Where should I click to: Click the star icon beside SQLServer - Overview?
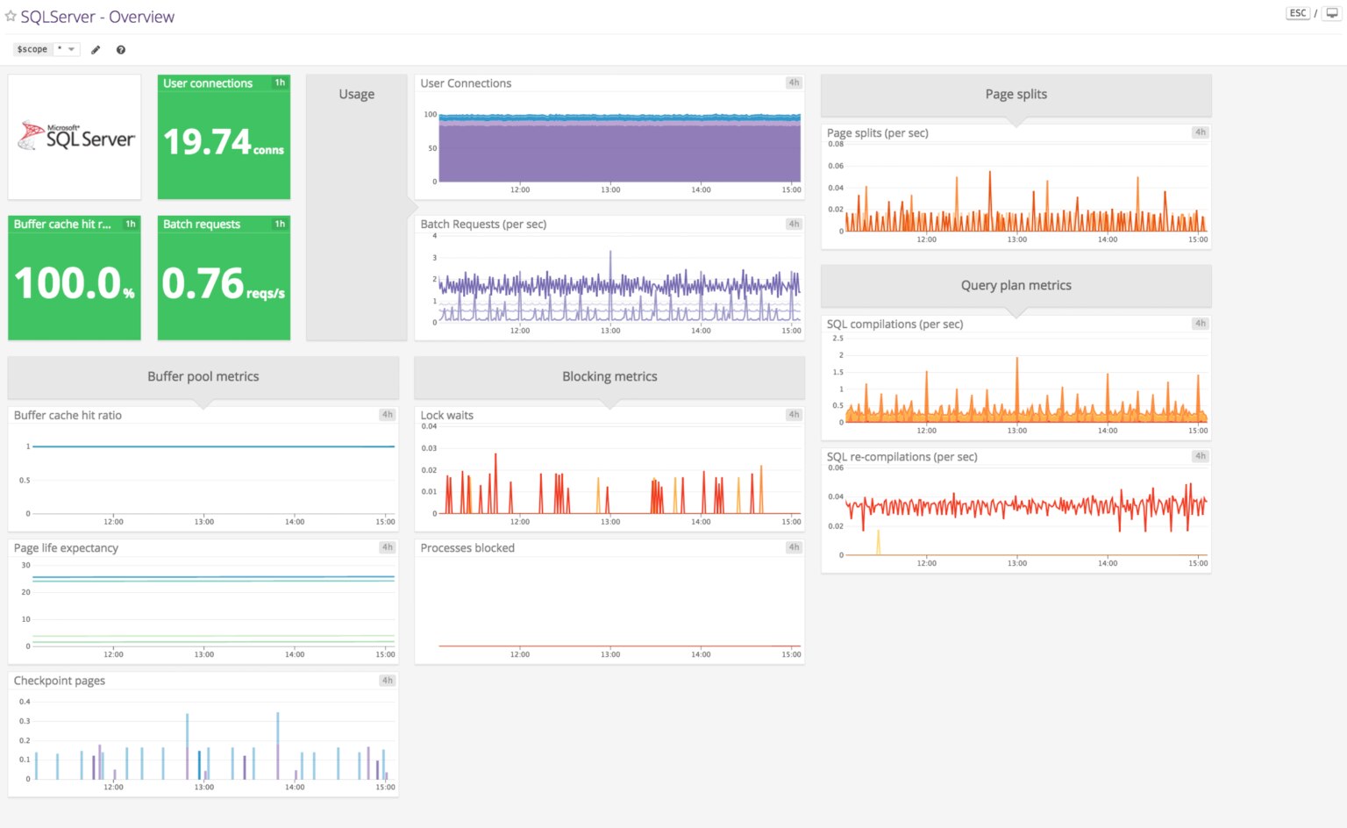pyautogui.click(x=11, y=17)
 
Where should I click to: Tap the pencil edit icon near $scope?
pyautogui.click(x=96, y=50)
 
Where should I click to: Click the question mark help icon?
pyautogui.click(x=121, y=50)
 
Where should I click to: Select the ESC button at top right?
pyautogui.click(x=1297, y=13)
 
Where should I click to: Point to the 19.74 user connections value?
pyautogui.click(x=208, y=142)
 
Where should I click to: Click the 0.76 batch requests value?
pyautogui.click(x=203, y=283)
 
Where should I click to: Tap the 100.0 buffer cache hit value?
pyautogui.click(x=68, y=283)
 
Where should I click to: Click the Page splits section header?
pyautogui.click(x=1016, y=95)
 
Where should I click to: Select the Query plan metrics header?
pyautogui.click(x=1016, y=286)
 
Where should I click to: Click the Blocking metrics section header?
pyautogui.click(x=609, y=377)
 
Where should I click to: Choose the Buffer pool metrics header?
pyautogui.click(x=203, y=377)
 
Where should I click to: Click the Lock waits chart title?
pyautogui.click(x=446, y=416)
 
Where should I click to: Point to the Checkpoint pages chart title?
pyautogui.click(x=60, y=682)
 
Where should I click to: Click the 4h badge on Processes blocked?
pyautogui.click(x=794, y=547)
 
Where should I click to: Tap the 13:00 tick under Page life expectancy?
pyautogui.click(x=203, y=654)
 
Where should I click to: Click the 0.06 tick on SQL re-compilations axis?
pyautogui.click(x=835, y=468)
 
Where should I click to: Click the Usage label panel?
pyautogui.click(x=356, y=95)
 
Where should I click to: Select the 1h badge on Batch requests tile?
pyautogui.click(x=280, y=224)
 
